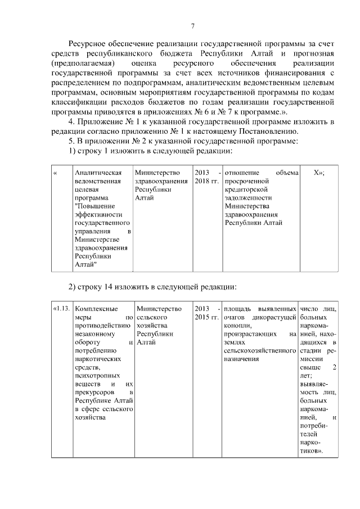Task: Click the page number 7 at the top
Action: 192,26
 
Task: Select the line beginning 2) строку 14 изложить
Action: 152,287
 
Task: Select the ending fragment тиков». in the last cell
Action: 312,452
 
